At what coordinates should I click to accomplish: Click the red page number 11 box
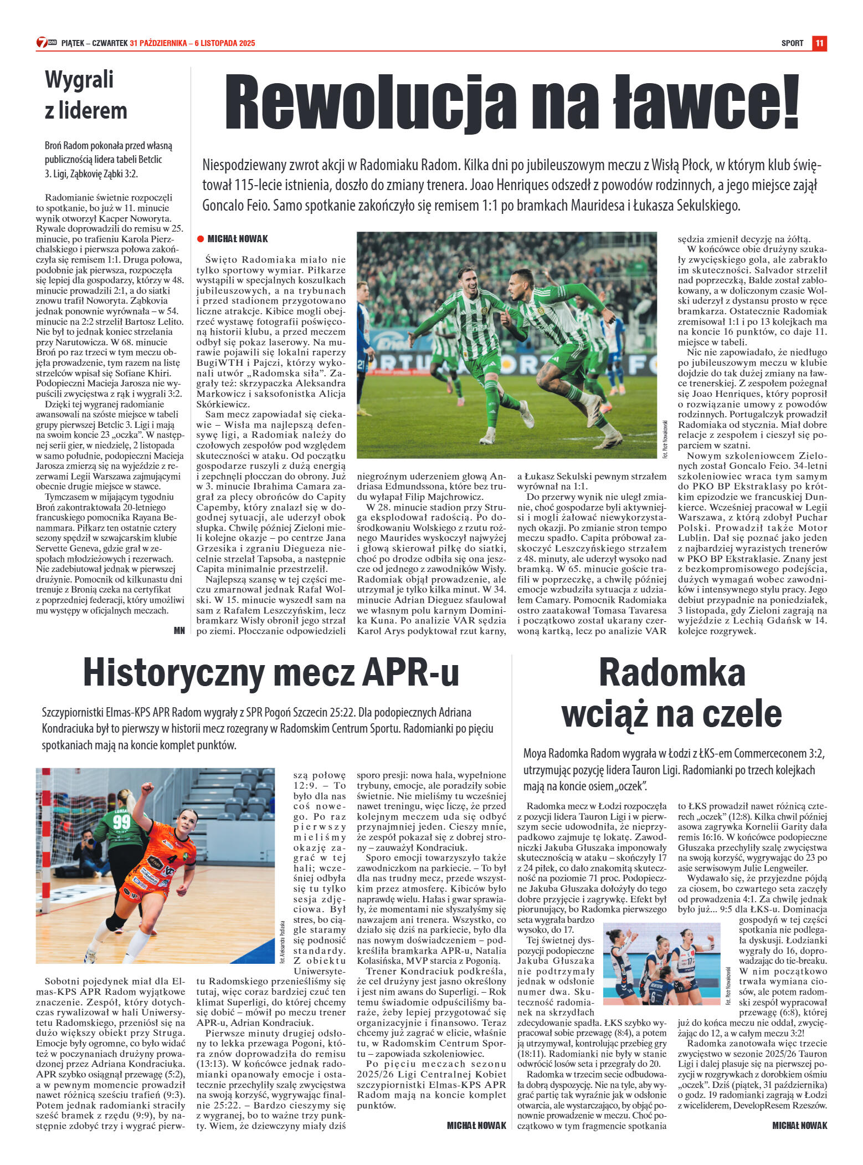(819, 43)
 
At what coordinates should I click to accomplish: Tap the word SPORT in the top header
(792, 43)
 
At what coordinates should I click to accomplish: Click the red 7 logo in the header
(42, 43)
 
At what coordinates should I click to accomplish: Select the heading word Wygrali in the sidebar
(79, 79)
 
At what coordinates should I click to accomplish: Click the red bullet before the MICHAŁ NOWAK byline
(201, 239)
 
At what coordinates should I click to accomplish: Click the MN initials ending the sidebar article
(179, 630)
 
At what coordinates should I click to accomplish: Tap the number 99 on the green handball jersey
(121, 822)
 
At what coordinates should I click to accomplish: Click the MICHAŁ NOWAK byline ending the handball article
(476, 1125)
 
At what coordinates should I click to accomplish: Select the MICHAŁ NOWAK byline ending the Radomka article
(799, 1125)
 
